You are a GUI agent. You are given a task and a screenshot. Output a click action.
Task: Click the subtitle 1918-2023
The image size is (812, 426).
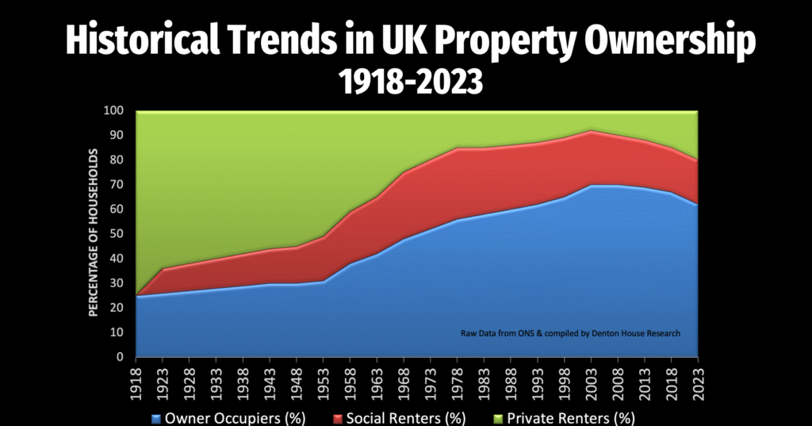[x=406, y=81]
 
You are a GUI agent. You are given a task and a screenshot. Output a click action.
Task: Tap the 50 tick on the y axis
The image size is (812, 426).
[x=118, y=234]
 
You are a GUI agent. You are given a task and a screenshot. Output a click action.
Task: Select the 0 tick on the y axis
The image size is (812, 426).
[x=121, y=357]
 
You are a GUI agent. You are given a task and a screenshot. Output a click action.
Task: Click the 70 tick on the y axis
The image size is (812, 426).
[x=118, y=185]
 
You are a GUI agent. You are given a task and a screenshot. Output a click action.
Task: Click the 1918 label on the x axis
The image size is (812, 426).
[x=136, y=380]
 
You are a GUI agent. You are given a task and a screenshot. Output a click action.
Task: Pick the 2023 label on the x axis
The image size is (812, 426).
[x=699, y=380]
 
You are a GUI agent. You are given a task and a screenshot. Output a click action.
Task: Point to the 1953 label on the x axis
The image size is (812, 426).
[x=324, y=380]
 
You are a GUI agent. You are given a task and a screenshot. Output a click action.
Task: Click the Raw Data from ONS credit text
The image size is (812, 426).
[x=569, y=334]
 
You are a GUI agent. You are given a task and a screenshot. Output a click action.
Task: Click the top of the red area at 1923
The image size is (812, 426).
[x=163, y=270]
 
